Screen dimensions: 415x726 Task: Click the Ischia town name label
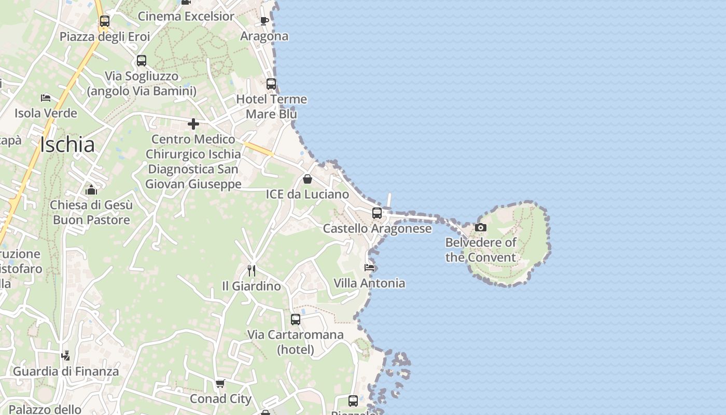[67, 145]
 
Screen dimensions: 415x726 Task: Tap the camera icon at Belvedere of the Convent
[481, 227]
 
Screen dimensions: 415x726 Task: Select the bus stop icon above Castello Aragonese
[377, 213]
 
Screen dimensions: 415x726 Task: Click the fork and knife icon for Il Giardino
[252, 271]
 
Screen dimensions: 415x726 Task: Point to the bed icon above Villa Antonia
[369, 268]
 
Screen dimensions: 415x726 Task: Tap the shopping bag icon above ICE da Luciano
[308, 179]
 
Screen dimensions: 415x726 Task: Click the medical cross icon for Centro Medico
[193, 124]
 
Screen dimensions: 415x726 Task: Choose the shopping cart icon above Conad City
[220, 384]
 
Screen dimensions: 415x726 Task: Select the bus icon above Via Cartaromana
[296, 320]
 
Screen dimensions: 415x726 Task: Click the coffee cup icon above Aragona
[264, 21]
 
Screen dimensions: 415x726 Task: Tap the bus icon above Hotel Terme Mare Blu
[271, 84]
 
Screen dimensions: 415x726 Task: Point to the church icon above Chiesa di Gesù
[91, 190]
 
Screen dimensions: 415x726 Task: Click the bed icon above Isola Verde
[46, 98]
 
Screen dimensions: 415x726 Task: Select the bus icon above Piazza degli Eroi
[105, 21]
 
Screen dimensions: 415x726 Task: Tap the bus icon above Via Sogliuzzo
[142, 61]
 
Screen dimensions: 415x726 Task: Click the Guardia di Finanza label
[66, 371]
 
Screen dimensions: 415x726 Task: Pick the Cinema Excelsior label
[186, 16]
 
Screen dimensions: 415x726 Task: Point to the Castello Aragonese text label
[377, 229]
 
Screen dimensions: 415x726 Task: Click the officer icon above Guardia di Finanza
[65, 356]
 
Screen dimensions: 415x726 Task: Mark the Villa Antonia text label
[369, 283]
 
